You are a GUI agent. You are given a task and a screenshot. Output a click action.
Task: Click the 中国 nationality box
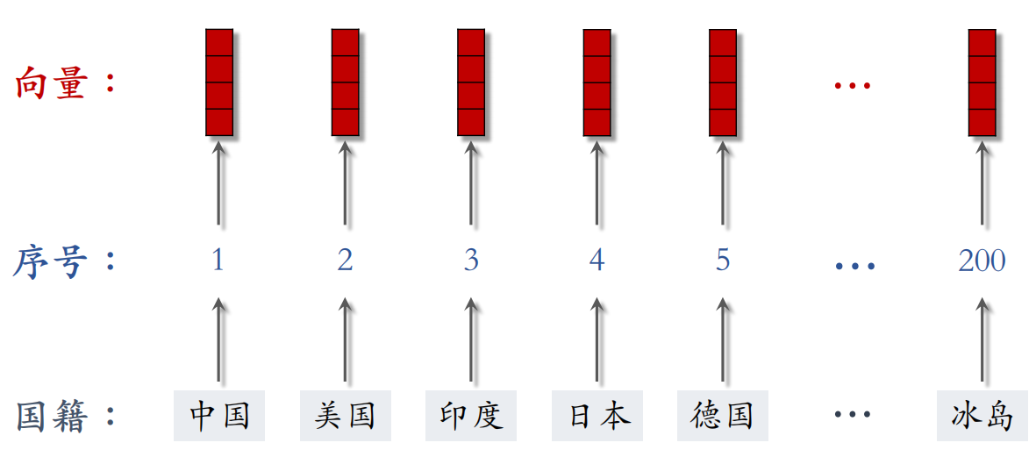click(219, 416)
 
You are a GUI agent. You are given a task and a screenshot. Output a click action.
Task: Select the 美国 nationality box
click(345, 416)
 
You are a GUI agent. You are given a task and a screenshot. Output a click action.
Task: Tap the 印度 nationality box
click(471, 416)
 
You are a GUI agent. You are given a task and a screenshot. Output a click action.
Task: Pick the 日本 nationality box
click(597, 416)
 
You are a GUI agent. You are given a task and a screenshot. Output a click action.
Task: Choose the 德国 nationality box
click(723, 416)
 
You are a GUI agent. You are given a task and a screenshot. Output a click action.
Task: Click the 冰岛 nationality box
click(982, 416)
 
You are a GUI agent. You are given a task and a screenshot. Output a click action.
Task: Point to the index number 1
click(218, 261)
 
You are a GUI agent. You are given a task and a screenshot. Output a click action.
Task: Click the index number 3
click(470, 261)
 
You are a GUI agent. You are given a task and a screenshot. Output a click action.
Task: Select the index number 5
click(723, 261)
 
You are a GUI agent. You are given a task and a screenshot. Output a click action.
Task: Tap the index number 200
click(982, 261)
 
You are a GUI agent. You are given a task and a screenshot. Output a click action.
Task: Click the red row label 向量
click(52, 84)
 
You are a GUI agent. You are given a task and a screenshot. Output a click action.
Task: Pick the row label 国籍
click(51, 417)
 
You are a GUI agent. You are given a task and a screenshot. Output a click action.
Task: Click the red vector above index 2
click(346, 82)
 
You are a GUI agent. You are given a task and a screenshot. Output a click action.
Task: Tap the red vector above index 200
click(982, 82)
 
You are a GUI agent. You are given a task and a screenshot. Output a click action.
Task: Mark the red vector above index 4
click(597, 82)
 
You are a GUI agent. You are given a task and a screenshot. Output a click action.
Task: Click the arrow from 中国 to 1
click(218, 339)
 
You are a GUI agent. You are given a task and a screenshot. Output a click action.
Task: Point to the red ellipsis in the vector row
click(853, 85)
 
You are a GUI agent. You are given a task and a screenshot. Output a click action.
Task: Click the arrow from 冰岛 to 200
click(982, 339)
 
